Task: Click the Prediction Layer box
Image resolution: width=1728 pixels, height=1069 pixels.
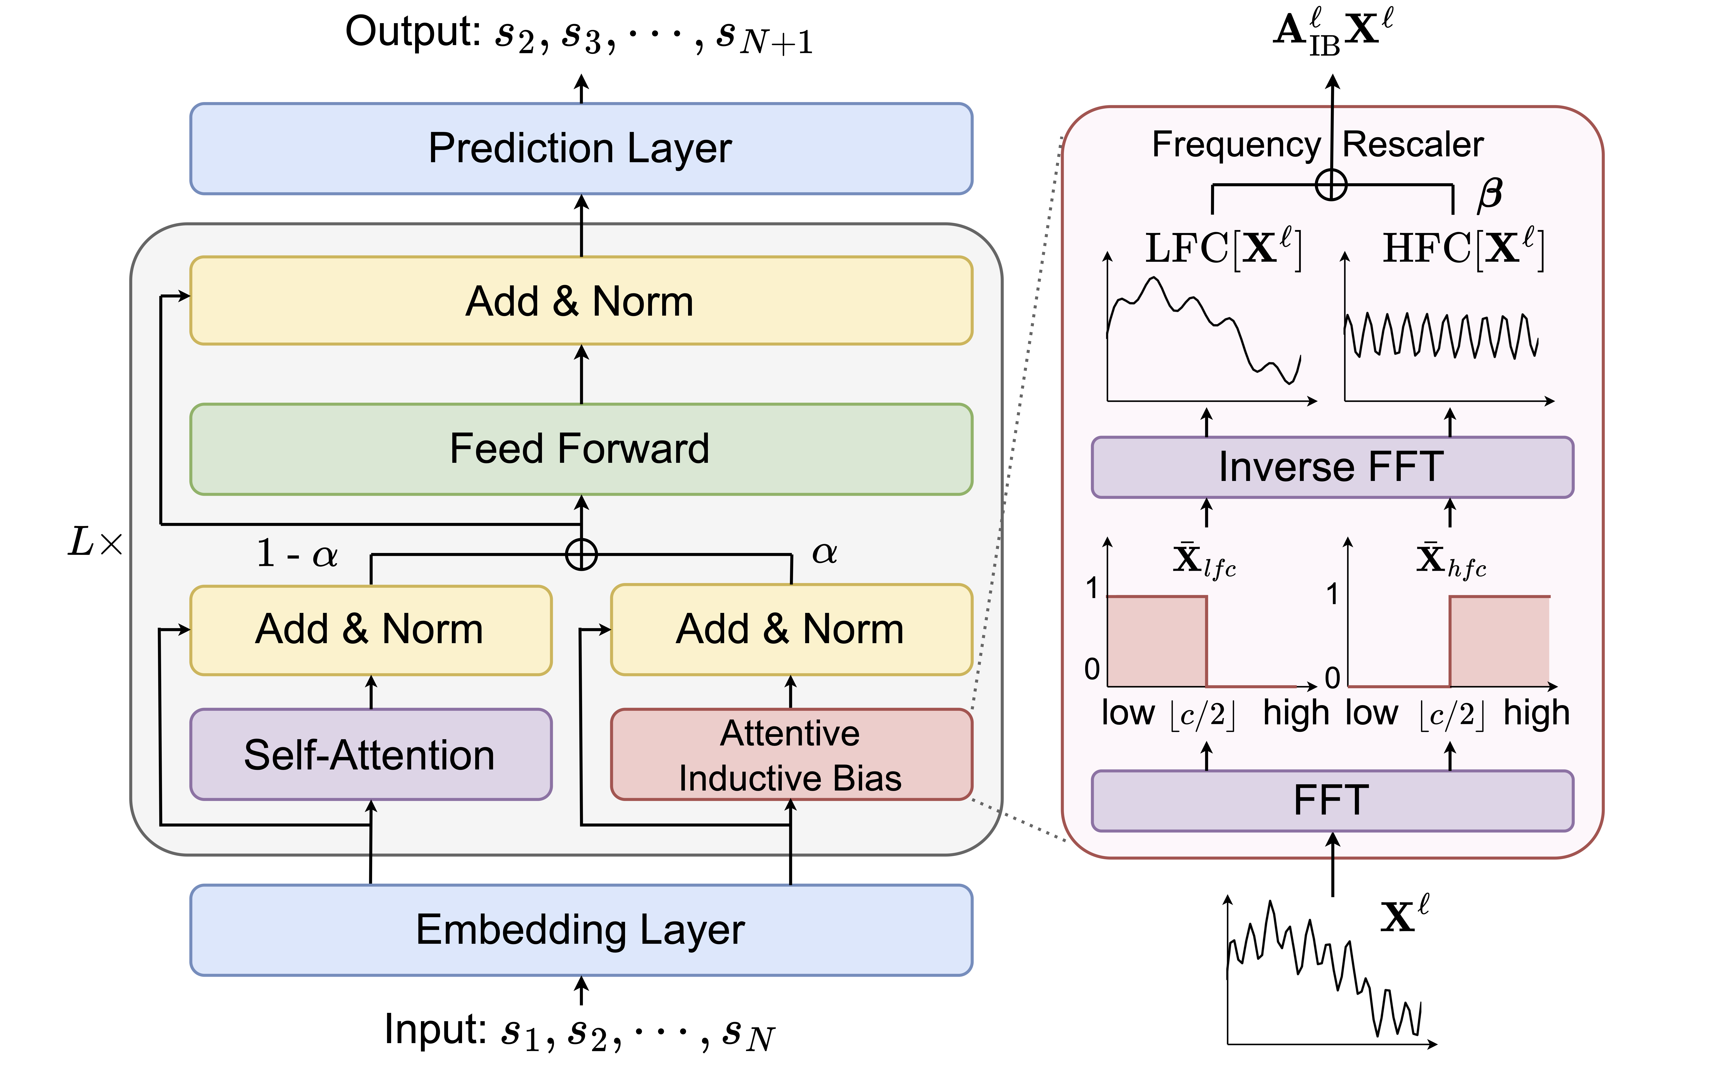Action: (x=581, y=148)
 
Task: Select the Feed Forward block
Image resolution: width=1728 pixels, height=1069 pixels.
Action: (x=581, y=449)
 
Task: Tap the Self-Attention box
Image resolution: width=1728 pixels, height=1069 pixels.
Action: (x=370, y=754)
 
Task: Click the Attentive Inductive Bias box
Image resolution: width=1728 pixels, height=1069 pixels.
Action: (x=791, y=754)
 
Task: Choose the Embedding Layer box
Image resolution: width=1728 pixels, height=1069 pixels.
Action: (x=581, y=930)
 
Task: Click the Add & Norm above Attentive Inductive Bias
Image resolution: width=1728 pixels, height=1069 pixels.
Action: (x=791, y=629)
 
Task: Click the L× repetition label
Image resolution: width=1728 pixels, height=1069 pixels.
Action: (x=95, y=542)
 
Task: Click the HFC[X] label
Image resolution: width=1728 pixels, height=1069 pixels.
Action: (x=1463, y=248)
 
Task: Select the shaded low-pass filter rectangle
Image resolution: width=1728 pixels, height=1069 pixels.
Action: (x=1157, y=641)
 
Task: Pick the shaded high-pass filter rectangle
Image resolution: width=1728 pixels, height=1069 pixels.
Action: (x=1500, y=641)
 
